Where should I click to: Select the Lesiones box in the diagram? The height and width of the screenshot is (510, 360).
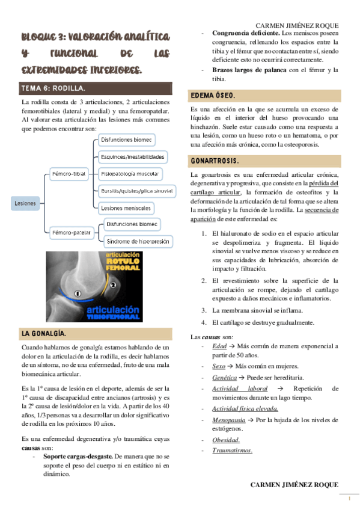pos(25,203)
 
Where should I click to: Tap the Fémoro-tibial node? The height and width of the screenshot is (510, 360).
pos(69,174)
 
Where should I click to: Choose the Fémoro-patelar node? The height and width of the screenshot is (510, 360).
pos(72,232)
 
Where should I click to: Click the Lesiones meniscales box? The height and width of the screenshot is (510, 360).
pos(126,207)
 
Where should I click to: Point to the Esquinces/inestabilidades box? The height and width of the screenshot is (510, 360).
pos(133,156)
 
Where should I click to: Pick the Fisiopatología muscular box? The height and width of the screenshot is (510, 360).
pos(130,174)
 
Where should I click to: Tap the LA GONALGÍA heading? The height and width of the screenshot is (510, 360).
pos(44,333)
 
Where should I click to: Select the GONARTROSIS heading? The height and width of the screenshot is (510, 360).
pos(215,162)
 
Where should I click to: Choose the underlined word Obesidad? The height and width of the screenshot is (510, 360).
pos(225,440)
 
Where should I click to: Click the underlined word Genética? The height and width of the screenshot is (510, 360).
pos(224,376)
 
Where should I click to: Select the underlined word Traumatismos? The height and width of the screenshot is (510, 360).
pos(231,450)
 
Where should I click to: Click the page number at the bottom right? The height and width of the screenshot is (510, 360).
pos(349,498)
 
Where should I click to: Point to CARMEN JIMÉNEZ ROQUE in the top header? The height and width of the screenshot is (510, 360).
pos(297,26)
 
